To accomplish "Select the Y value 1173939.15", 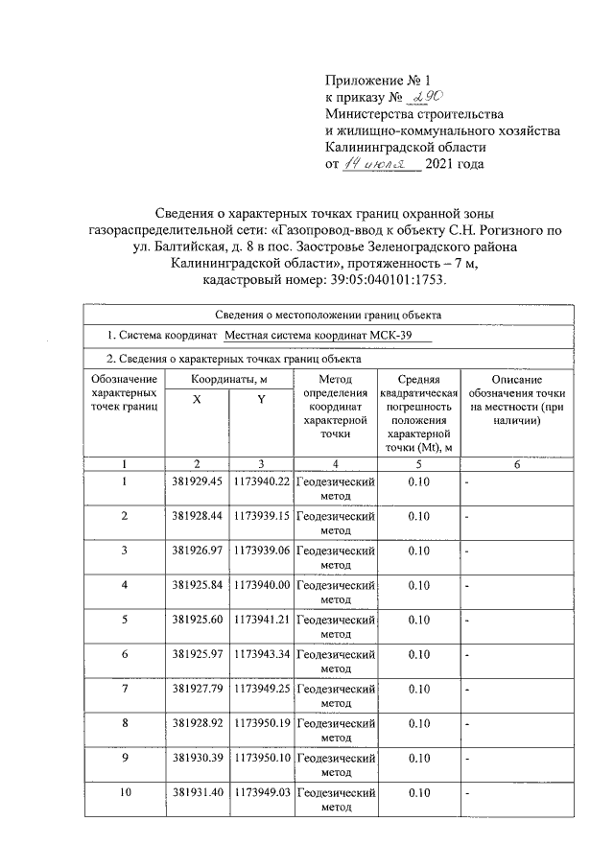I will [262, 515].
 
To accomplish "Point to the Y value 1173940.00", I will [262, 584].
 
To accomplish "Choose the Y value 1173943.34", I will [262, 653].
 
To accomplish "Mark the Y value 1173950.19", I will [262, 722].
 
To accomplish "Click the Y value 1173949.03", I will [262, 792].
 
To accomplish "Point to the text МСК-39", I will [409, 336].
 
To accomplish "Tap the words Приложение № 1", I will [373, 80].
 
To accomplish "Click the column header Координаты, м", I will [228, 381].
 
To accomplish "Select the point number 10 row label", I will [125, 792].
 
